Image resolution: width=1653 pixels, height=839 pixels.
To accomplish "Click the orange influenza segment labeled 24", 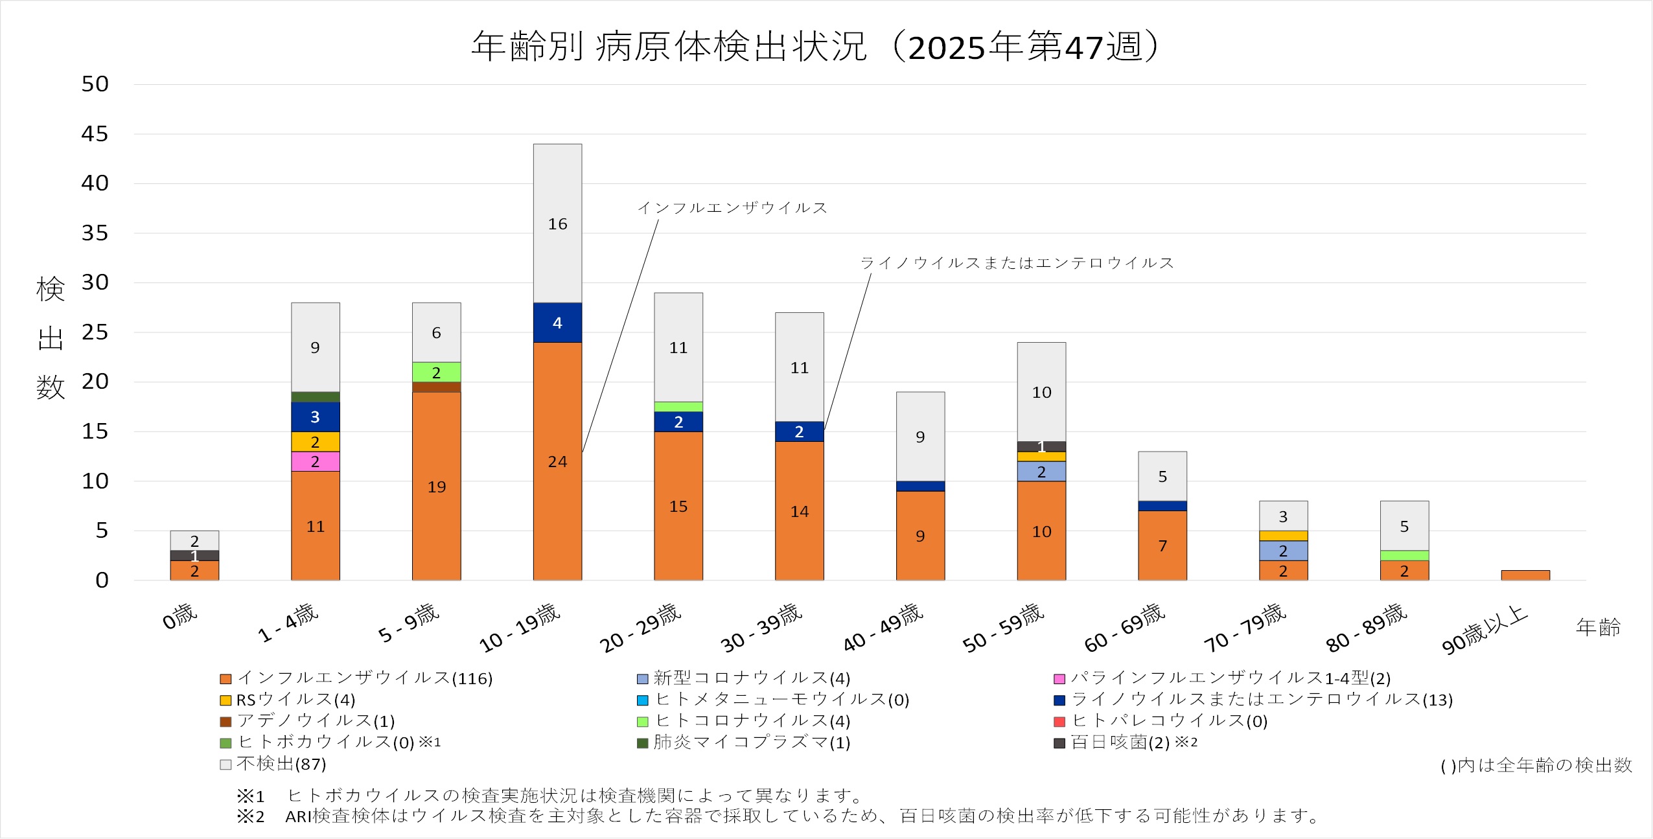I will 557,461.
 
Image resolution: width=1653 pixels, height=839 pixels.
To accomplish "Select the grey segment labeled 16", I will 557,224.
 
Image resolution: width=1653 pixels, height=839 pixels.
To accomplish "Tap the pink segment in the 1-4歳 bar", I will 315,461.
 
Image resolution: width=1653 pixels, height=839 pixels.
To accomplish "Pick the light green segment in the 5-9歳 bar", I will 436,372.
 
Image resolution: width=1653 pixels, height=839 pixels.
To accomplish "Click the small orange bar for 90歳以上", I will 1525,575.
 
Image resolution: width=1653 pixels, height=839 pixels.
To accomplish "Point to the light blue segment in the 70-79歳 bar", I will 1283,551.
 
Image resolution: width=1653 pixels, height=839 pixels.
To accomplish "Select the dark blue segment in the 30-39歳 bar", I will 799,431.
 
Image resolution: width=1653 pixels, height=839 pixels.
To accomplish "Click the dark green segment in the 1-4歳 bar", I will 315,397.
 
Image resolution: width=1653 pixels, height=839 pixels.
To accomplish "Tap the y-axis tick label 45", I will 95,134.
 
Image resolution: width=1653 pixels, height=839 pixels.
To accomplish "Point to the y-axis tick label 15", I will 95,431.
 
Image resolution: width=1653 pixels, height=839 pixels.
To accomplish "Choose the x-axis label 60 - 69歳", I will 1124,627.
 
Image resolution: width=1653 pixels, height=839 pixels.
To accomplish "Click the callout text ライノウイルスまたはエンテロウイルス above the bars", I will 1016,263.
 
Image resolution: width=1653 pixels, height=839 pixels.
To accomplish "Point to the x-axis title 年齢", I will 1598,626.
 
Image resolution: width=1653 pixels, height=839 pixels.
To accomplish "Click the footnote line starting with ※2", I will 778,816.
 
